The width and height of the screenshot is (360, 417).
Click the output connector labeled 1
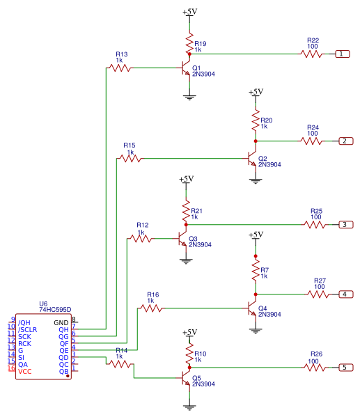pyautogui.click(x=343, y=54)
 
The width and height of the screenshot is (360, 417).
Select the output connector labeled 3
pyautogui.click(x=346, y=224)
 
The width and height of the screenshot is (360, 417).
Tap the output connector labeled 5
pyautogui.click(x=346, y=368)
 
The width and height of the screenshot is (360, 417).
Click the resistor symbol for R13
pyautogui.click(x=120, y=68)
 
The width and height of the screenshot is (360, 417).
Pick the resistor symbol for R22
pyautogui.click(x=311, y=54)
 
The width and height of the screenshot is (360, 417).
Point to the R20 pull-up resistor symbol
pyautogui.click(x=256, y=120)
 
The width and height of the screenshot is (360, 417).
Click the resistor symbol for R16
pyautogui.click(x=151, y=308)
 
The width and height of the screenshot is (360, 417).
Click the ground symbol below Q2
pyautogui.click(x=256, y=181)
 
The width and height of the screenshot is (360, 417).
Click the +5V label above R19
pyautogui.click(x=189, y=12)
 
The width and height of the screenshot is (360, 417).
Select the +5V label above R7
pyautogui.click(x=256, y=235)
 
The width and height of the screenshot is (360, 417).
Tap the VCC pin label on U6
pyautogui.click(x=25, y=372)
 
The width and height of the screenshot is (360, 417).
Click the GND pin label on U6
pyautogui.click(x=61, y=323)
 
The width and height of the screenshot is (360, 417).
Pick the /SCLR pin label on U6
pyautogui.click(x=27, y=330)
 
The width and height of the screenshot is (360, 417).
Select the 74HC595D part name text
pyautogui.click(x=55, y=310)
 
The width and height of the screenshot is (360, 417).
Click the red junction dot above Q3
pyautogui.click(x=186, y=225)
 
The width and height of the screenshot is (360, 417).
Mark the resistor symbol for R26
pyautogui.click(x=315, y=368)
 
